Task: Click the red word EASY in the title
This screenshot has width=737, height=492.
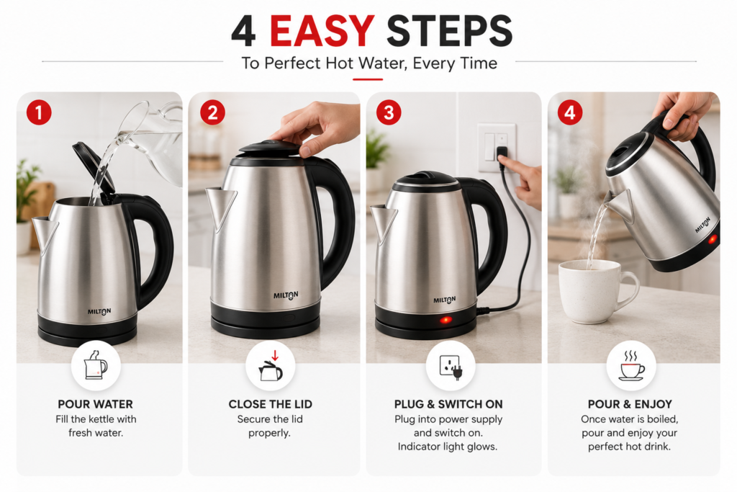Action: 322,32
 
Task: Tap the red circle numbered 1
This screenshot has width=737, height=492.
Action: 39,113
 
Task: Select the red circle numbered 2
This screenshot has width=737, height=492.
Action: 212,113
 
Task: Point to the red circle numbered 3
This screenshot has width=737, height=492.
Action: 389,113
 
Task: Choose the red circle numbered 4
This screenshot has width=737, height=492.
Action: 570,113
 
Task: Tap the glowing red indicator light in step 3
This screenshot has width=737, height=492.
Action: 446,321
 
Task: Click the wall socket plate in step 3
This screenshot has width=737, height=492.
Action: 497,148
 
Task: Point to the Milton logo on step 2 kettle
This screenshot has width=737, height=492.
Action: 286,295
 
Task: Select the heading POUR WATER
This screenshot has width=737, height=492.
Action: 96,404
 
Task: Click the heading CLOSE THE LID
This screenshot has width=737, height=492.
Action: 271,404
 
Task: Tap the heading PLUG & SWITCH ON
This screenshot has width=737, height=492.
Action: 448,404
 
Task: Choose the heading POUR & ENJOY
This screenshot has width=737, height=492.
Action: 630,404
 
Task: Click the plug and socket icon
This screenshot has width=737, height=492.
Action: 451,366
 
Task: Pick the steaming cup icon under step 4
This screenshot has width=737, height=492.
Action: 631,365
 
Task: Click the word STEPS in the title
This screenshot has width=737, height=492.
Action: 449,32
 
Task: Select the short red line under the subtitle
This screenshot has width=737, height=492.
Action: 368,79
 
